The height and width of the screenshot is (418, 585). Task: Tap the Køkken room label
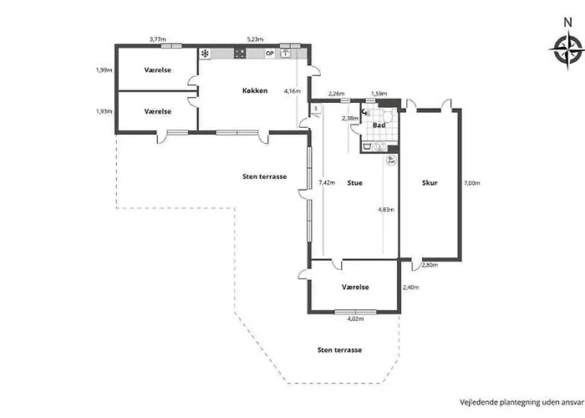[x=255, y=90]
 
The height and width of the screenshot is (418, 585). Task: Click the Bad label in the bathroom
[x=379, y=125]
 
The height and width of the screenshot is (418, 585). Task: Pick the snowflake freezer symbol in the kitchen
[x=204, y=54]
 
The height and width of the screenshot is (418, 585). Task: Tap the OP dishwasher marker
[x=269, y=54]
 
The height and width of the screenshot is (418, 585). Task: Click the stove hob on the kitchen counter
[x=240, y=54]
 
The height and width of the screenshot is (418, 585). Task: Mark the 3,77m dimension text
[x=157, y=39]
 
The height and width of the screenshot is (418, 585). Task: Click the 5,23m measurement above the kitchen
[x=255, y=39]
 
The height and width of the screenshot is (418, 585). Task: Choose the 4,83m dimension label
[x=385, y=209]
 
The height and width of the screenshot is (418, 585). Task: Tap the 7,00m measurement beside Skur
[x=471, y=182]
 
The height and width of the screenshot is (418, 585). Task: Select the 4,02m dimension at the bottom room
[x=355, y=319]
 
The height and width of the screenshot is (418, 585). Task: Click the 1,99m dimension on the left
[x=104, y=70]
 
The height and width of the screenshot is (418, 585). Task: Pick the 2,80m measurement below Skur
[x=430, y=265]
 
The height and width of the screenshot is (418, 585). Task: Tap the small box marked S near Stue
[x=316, y=109]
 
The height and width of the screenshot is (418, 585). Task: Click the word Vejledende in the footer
[x=479, y=400]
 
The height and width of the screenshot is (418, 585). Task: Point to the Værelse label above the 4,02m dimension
[x=355, y=287]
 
